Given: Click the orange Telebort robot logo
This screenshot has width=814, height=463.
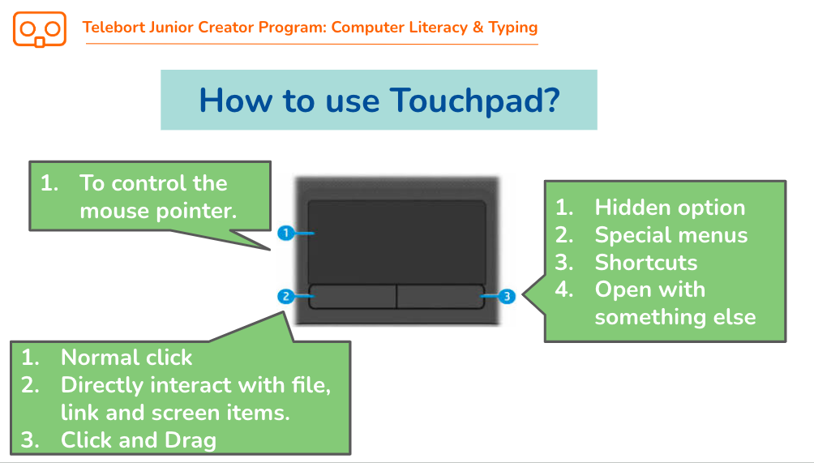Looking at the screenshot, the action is (x=40, y=29).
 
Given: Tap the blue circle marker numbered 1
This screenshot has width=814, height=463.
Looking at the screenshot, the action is (x=285, y=233).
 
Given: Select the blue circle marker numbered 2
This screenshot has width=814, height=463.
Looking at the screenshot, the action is (x=285, y=297).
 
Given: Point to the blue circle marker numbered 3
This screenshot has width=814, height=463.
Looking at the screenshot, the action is (x=508, y=297).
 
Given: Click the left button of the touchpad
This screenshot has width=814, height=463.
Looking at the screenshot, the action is (x=353, y=297).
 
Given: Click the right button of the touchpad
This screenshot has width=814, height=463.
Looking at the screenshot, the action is (x=440, y=297).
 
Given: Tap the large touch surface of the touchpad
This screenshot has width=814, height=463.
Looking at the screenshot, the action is (x=396, y=242).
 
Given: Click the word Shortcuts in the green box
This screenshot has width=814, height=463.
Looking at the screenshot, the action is (x=646, y=263).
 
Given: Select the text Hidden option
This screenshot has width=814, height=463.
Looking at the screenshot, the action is (x=670, y=208).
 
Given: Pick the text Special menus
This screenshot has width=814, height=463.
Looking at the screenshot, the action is (x=670, y=235).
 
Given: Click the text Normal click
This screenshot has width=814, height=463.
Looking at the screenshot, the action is (x=126, y=358).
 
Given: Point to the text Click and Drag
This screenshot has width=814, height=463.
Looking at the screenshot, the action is (x=138, y=440).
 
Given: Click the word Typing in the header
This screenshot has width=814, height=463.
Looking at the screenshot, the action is (x=512, y=28).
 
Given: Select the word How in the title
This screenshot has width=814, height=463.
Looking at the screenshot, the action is (x=235, y=100).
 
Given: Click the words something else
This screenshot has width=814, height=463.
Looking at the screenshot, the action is (x=675, y=317).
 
